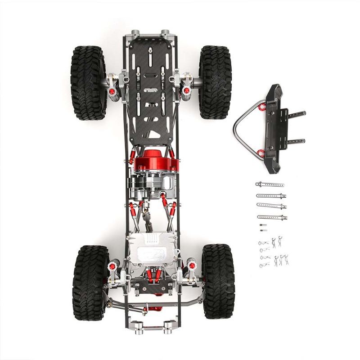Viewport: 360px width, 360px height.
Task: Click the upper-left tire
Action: point(88,82)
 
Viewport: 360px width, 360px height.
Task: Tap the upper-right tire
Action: point(215,82)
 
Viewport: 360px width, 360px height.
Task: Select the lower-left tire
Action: point(90,282)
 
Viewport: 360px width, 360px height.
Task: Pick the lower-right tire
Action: point(218,281)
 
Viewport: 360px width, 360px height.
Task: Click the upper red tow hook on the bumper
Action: point(262,106)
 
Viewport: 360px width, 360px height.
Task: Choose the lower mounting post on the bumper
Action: point(296,141)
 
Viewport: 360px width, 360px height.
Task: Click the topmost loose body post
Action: point(270,184)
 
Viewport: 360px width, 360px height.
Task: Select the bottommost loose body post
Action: point(272,217)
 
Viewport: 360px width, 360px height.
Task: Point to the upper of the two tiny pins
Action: point(263,225)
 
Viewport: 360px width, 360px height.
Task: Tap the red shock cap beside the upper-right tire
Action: point(186,91)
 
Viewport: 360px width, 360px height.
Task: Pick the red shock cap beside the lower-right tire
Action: point(192,265)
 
